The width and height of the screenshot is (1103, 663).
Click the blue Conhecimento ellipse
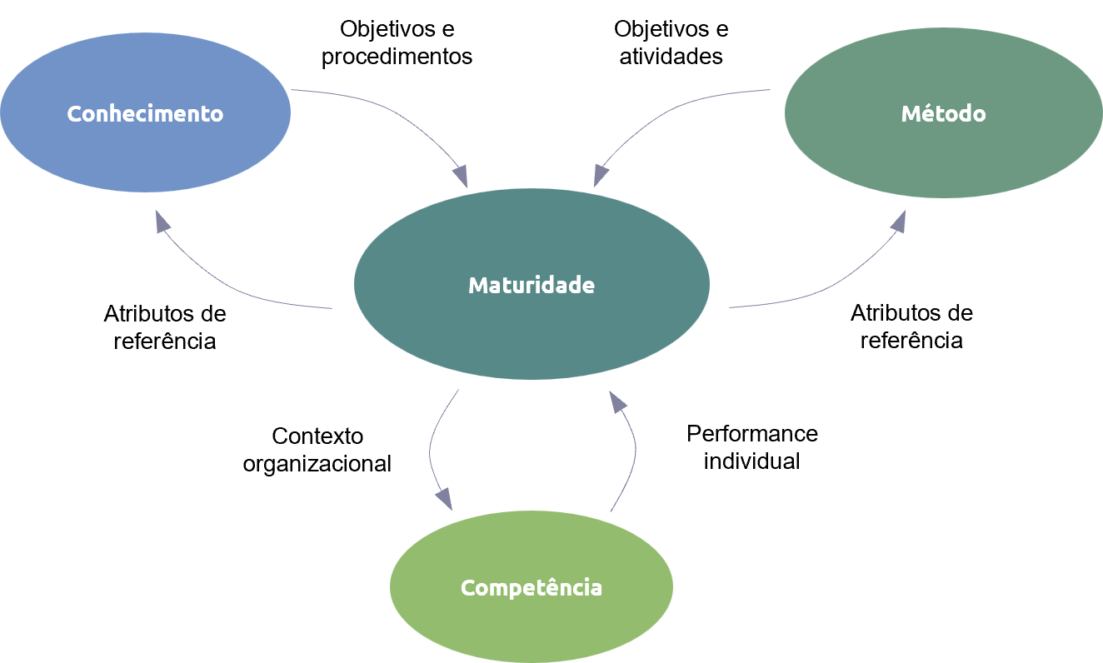point(145,112)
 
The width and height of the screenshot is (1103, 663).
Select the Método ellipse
point(943,112)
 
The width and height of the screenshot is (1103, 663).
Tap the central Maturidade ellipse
point(532,284)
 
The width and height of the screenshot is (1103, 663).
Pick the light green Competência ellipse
point(532,586)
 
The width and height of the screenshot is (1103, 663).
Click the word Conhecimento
point(145,114)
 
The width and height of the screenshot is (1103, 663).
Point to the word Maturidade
point(532,285)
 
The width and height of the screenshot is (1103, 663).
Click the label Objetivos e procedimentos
point(397,42)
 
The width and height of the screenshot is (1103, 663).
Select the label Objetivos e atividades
point(671,42)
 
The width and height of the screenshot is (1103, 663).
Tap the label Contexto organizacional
point(317,450)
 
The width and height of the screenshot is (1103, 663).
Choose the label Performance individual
point(752,447)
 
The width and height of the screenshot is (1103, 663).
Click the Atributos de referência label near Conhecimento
point(165,327)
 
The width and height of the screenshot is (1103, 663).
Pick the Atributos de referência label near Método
point(911,327)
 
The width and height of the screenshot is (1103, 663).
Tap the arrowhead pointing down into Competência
point(444,499)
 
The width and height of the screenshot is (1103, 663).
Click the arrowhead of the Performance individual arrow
point(616,401)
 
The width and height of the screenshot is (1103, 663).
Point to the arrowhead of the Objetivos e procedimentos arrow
point(461,177)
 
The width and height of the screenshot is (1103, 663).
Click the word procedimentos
point(397,57)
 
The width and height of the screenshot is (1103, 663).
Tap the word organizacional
point(317,464)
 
